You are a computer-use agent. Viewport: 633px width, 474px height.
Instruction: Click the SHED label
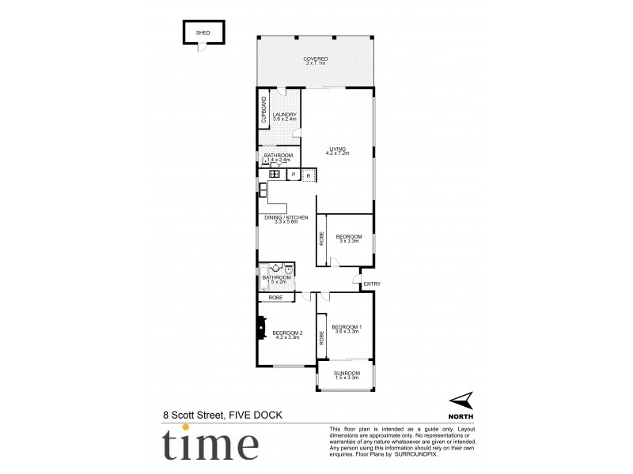(x=203, y=34)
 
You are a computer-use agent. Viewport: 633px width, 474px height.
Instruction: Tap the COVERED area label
(x=316, y=59)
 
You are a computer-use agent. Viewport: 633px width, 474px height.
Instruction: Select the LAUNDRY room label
(x=284, y=115)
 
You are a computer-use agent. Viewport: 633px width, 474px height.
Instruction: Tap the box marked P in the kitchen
(x=293, y=175)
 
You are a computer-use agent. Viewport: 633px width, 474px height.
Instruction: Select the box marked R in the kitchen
(x=309, y=175)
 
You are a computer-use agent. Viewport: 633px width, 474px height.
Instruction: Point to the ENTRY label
(x=372, y=284)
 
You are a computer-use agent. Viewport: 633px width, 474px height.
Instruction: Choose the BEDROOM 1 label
(x=347, y=327)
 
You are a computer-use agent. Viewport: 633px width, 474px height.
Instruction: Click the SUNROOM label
(x=347, y=373)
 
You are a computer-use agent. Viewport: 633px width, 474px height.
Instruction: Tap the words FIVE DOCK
(x=256, y=414)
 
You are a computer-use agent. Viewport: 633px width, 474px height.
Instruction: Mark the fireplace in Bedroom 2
(x=260, y=328)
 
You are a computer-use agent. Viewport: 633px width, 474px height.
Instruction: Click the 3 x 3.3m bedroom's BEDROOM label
(x=348, y=236)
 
